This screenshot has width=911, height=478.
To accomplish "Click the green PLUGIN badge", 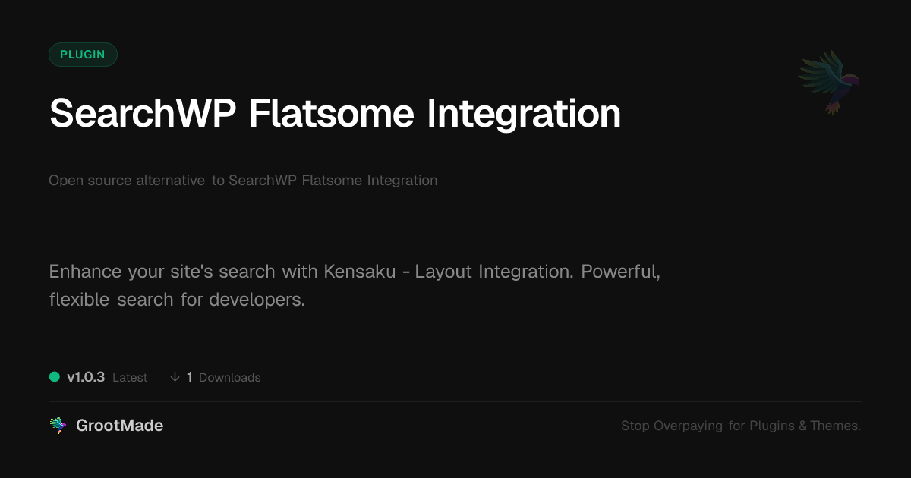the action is click(x=83, y=55).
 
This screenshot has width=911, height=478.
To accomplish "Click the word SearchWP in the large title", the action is click(x=143, y=113).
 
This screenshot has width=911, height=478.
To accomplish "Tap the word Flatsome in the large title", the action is click(x=332, y=113).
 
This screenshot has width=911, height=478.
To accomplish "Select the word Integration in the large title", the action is click(x=524, y=115).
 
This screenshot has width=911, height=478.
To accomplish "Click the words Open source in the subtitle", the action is click(x=90, y=181).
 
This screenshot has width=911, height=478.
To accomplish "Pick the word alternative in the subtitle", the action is click(x=170, y=180).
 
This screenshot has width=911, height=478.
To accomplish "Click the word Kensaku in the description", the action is click(x=360, y=271).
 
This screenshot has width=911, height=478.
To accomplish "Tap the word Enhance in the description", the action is click(x=85, y=271).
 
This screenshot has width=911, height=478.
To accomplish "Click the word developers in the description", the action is click(x=257, y=300).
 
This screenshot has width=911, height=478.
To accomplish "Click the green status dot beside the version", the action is click(x=55, y=377).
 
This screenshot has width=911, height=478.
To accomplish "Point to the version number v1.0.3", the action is click(x=86, y=377).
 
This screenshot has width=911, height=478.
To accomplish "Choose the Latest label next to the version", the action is click(x=130, y=378).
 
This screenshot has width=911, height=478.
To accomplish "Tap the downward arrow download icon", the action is click(x=175, y=377).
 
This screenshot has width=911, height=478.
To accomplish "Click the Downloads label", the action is click(x=230, y=378).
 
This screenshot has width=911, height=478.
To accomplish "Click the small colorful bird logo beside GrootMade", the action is click(x=58, y=425).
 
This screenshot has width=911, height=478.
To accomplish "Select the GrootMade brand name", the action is click(x=120, y=426).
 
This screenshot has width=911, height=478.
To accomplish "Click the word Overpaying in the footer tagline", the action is click(x=688, y=426).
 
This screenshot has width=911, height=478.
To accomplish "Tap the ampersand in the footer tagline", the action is click(x=802, y=426).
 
